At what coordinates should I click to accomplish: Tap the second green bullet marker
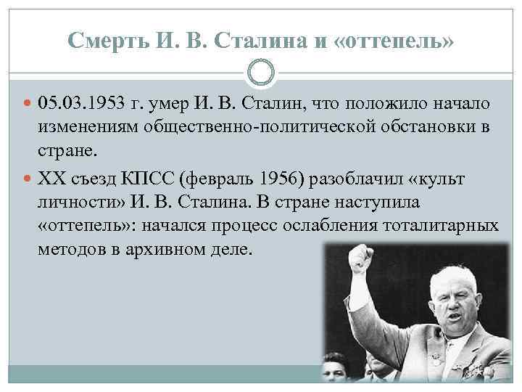tap(26, 180)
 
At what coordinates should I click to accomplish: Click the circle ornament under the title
tap(260, 74)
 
